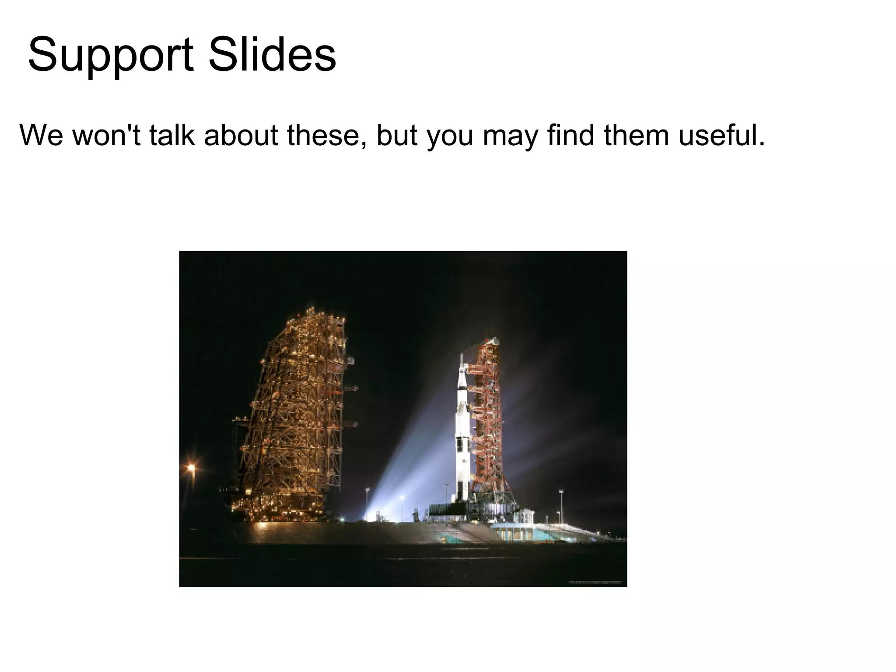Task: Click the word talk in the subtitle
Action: point(171,135)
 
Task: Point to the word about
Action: point(241,135)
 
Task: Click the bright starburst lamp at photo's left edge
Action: point(191,468)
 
